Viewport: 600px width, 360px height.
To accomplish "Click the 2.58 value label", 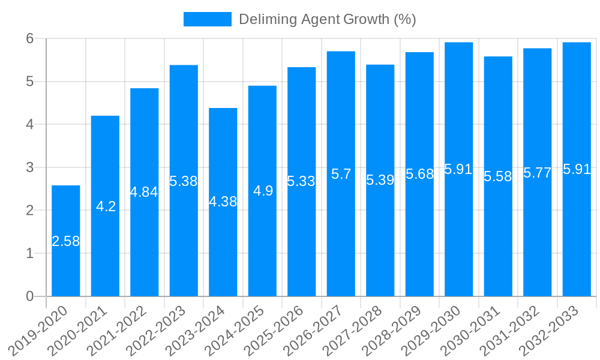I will [x=65, y=241].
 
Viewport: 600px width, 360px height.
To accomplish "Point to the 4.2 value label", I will [x=106, y=206].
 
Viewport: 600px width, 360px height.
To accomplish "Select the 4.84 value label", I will [x=144, y=192].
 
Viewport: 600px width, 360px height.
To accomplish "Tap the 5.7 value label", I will [x=341, y=174].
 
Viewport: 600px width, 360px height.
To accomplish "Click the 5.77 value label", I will [x=538, y=173].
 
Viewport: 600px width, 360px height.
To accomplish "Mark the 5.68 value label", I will [x=419, y=174].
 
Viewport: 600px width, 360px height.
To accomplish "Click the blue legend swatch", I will [x=207, y=19].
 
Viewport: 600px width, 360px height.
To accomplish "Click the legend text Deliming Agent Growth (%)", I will [x=327, y=19].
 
